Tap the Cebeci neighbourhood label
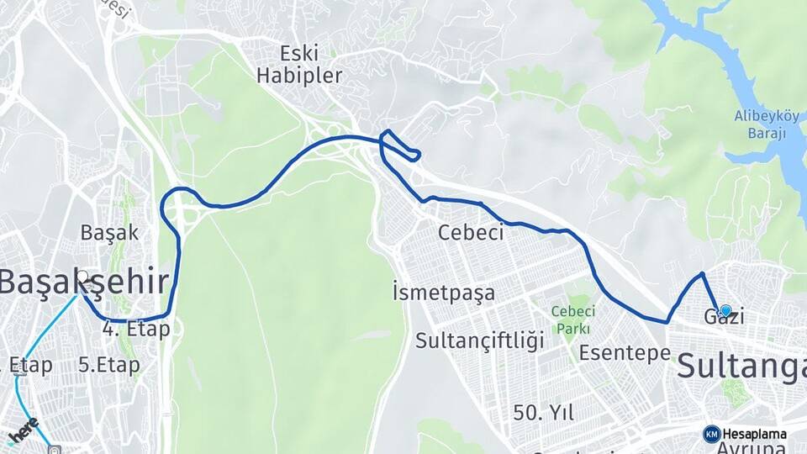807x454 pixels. [x=471, y=233]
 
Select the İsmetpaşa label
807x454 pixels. [x=443, y=293]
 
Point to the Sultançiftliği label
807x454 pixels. [x=480, y=340]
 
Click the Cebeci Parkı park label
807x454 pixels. [x=572, y=319]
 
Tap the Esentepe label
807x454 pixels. [x=625, y=352]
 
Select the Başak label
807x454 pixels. [x=109, y=232]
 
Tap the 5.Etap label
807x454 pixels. [x=108, y=366]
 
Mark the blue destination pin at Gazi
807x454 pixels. [x=725, y=310]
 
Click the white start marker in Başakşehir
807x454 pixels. [x=82, y=276]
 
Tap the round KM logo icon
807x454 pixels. [x=712, y=434]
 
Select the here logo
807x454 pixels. [x=23, y=430]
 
